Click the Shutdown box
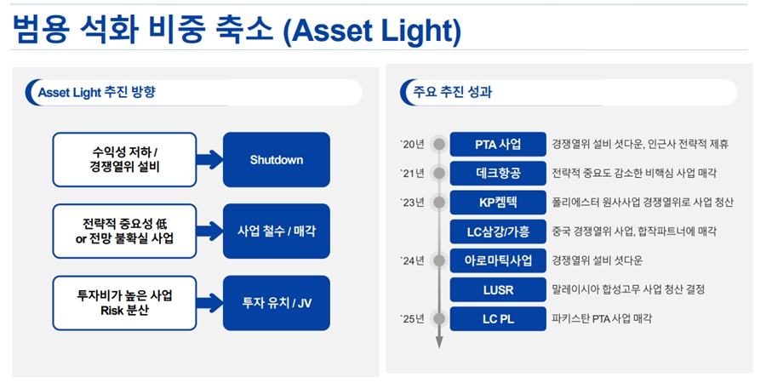tap(276, 160)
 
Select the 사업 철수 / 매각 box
tap(276, 231)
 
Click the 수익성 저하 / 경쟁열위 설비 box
tap(124, 160)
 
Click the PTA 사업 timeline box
tap(498, 144)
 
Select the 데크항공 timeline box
tap(498, 173)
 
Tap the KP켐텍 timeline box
tap(498, 203)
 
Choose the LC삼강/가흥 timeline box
tap(498, 232)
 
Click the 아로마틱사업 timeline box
tap(498, 260)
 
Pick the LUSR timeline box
tap(498, 289)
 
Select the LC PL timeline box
tap(498, 319)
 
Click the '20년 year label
tap(412, 144)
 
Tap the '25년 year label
tap(412, 319)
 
